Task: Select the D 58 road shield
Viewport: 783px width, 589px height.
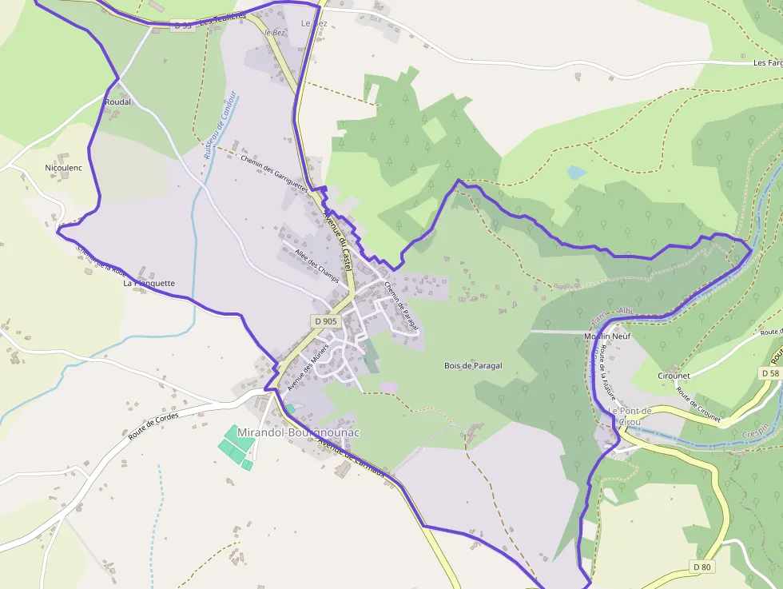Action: (x=769, y=373)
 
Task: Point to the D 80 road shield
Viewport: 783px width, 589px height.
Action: (x=702, y=567)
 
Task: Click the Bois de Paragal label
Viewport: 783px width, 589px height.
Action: (x=473, y=365)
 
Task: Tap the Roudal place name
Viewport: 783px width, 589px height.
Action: (x=117, y=102)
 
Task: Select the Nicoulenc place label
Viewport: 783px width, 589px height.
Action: (x=64, y=168)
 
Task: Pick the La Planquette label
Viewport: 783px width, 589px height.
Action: (x=149, y=283)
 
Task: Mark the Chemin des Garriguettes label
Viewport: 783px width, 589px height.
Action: (x=274, y=171)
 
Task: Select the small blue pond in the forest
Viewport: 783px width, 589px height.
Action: (x=576, y=172)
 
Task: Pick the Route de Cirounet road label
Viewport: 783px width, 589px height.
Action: (x=698, y=404)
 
